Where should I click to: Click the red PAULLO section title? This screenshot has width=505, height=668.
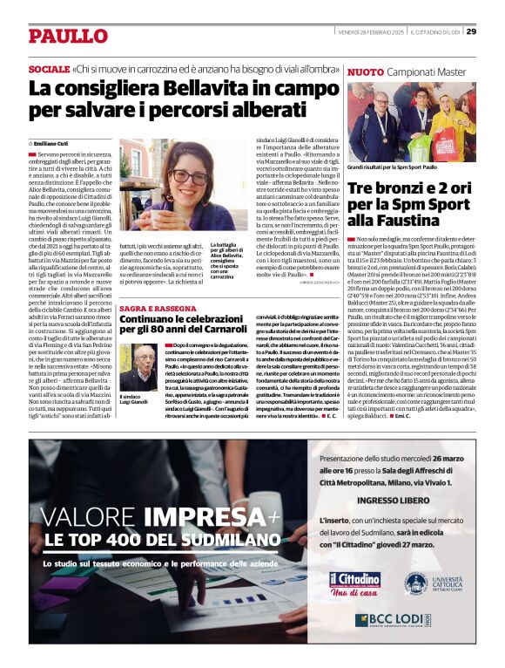[x=67, y=36]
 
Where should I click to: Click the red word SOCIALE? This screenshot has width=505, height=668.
[x=49, y=68]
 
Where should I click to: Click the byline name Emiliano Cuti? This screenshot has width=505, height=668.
[x=55, y=142]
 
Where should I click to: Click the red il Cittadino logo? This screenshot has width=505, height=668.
[x=353, y=581]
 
